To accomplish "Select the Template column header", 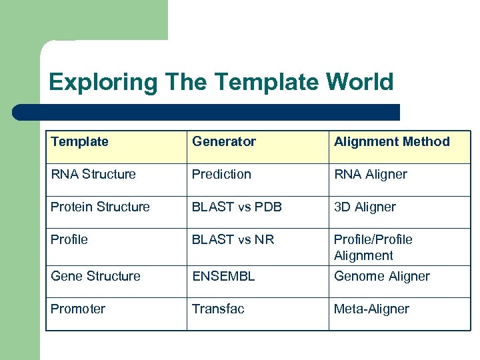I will click(79, 141).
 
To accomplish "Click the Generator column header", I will click(224, 141).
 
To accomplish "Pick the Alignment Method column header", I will click(391, 141).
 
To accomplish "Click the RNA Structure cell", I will click(93, 174).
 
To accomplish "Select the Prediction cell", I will click(221, 174).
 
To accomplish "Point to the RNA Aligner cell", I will click(370, 174).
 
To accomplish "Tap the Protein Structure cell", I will click(100, 207).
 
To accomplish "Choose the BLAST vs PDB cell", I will click(237, 207).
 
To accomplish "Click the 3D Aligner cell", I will click(365, 207).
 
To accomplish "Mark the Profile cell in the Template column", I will click(69, 239).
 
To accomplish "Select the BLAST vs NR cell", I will click(233, 239).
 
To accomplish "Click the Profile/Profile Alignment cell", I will click(373, 247).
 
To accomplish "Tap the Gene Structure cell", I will click(95, 276).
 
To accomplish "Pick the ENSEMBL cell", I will click(223, 276).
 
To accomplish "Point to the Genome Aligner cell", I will click(381, 276).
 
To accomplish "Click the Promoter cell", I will click(78, 309).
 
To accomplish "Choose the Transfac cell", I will click(218, 309).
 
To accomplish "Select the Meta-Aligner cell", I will click(371, 309).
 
